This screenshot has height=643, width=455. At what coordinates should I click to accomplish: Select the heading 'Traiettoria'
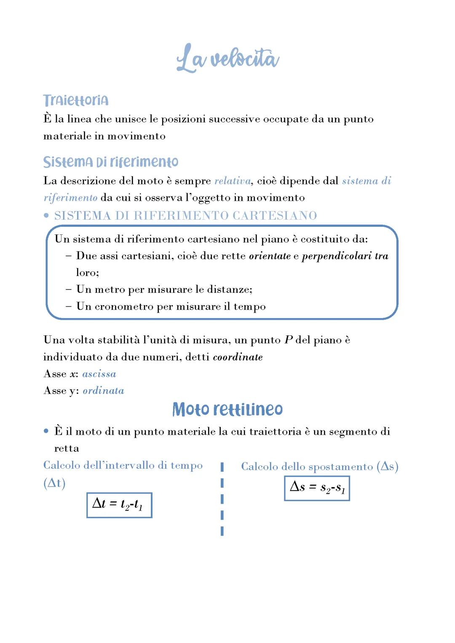[x=76, y=100]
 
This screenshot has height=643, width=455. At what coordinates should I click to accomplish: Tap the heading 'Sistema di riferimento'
[x=111, y=162]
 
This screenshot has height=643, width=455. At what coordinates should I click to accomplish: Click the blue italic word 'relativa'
[x=233, y=181]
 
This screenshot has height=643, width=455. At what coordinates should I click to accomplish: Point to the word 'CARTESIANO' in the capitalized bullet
[x=275, y=215]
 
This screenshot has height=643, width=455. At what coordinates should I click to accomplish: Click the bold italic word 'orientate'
[x=270, y=256]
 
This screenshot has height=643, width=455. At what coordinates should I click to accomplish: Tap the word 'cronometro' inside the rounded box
[x=124, y=306]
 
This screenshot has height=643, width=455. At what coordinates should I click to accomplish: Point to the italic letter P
[x=289, y=340]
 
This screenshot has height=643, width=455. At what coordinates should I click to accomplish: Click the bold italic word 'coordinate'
[x=238, y=357]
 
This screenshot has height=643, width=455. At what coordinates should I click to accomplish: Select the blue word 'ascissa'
[x=99, y=374]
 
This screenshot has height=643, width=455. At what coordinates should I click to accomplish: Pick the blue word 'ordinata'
[x=103, y=391]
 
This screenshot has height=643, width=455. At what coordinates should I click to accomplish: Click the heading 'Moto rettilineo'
[x=227, y=409]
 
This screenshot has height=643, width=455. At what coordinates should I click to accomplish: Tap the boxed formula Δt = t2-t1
[x=119, y=505]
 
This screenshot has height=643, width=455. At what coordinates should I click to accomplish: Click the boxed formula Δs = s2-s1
[x=317, y=488]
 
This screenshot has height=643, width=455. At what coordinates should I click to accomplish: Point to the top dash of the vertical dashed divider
[x=222, y=467]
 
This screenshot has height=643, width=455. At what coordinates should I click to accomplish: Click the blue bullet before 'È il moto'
[x=46, y=431]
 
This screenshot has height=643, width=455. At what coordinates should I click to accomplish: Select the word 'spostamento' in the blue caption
[x=340, y=467]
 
